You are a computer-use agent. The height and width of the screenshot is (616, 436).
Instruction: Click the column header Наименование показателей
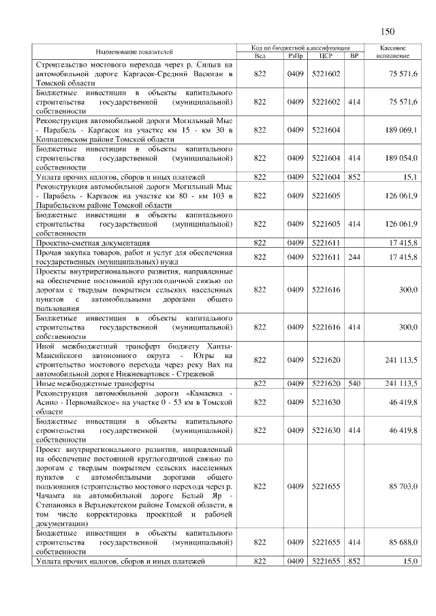click(134, 52)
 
